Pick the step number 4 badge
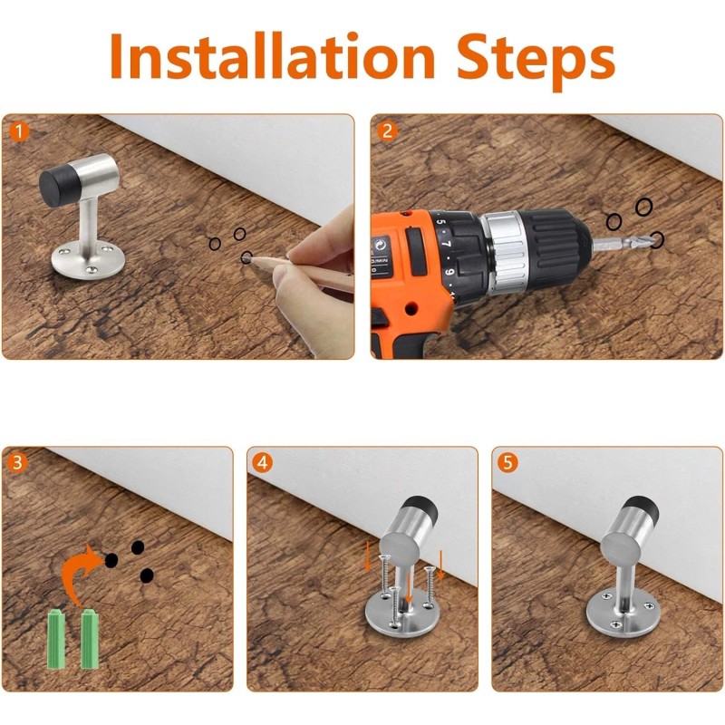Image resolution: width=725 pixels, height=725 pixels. (263, 462)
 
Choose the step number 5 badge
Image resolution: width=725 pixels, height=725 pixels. (508, 462)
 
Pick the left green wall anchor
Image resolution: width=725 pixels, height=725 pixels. (55, 639)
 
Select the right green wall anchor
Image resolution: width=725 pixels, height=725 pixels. (90, 639)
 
